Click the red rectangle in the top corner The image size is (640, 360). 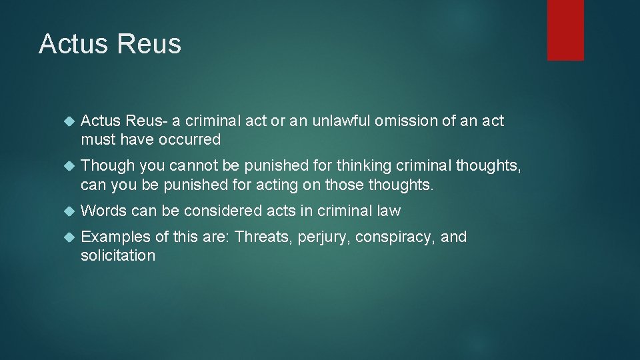(x=565, y=30)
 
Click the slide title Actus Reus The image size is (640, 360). (x=110, y=44)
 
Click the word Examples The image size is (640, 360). (x=114, y=237)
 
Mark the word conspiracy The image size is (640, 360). (x=395, y=237)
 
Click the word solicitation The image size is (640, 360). (x=118, y=255)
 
